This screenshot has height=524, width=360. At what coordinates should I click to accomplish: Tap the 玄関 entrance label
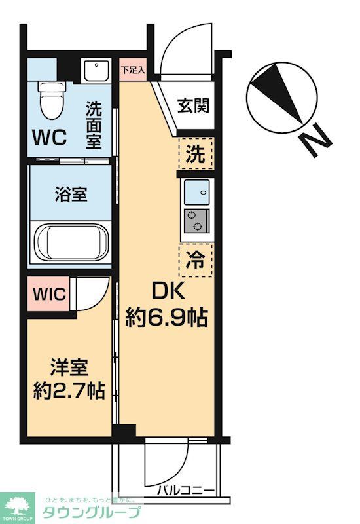[196, 105]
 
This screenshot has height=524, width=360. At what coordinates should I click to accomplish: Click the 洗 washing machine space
[196, 156]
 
